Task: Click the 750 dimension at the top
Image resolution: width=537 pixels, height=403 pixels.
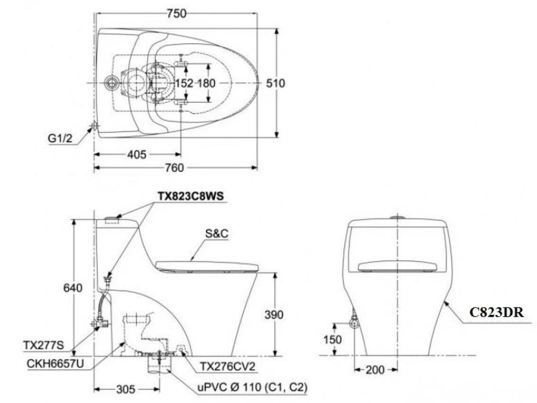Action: pyautogui.click(x=177, y=14)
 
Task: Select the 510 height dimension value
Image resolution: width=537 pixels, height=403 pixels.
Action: pyautogui.click(x=275, y=83)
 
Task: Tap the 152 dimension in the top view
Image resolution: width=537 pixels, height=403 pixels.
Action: pyautogui.click(x=184, y=83)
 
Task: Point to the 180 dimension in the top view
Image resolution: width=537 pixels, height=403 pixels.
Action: pyautogui.click(x=206, y=83)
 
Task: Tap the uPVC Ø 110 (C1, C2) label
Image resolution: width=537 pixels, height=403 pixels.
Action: pyautogui.click(x=252, y=388)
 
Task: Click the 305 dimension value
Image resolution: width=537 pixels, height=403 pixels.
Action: pyautogui.click(x=125, y=389)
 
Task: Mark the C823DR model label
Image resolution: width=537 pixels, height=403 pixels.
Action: pyautogui.click(x=496, y=313)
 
